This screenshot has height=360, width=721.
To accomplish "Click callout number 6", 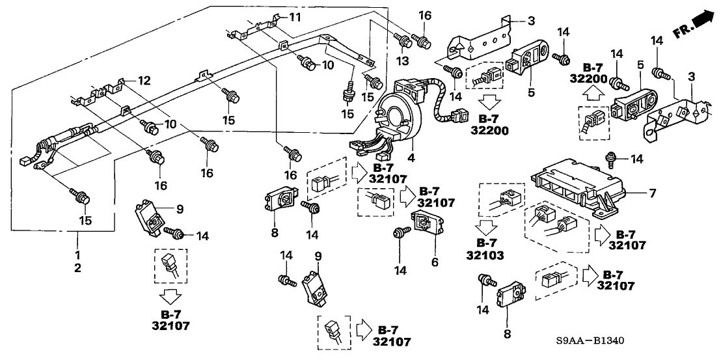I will point(435,262).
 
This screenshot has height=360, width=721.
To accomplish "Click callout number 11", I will point(295,16).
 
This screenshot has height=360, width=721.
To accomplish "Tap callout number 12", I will point(145,81).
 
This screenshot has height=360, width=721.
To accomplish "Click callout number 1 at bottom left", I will point(78,253).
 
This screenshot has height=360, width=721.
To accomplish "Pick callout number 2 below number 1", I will point(78,268).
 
